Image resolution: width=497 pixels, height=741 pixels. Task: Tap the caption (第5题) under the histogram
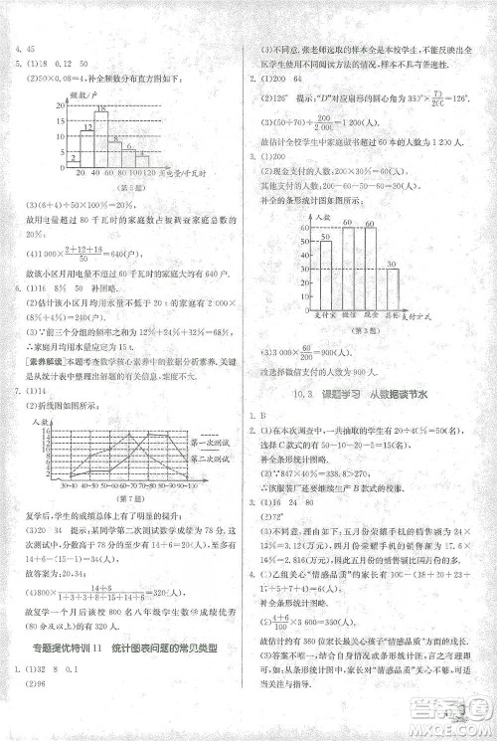123,186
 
